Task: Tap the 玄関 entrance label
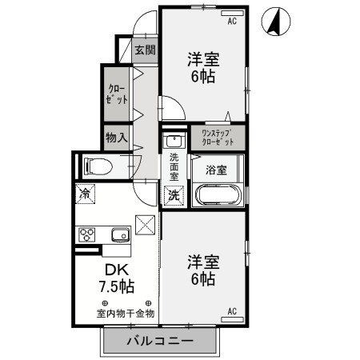(x=144, y=50)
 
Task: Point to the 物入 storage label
(x=117, y=138)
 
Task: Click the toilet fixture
(x=98, y=166)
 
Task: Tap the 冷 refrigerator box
(x=84, y=193)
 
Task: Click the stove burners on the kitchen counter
(x=86, y=234)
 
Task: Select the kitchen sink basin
(x=120, y=234)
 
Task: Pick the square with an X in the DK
(x=145, y=226)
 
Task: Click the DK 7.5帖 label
(x=115, y=277)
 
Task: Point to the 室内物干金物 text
(x=126, y=313)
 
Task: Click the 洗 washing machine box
(x=174, y=194)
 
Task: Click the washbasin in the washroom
(x=174, y=142)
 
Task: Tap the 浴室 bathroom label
(x=216, y=170)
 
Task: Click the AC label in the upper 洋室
(x=233, y=21)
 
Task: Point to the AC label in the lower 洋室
(x=232, y=311)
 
